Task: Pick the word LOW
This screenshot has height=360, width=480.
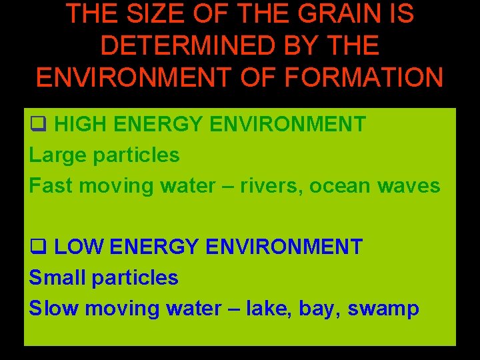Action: [x=78, y=247]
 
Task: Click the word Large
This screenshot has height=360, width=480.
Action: [x=58, y=155]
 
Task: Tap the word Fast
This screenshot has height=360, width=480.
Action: [x=49, y=185]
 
